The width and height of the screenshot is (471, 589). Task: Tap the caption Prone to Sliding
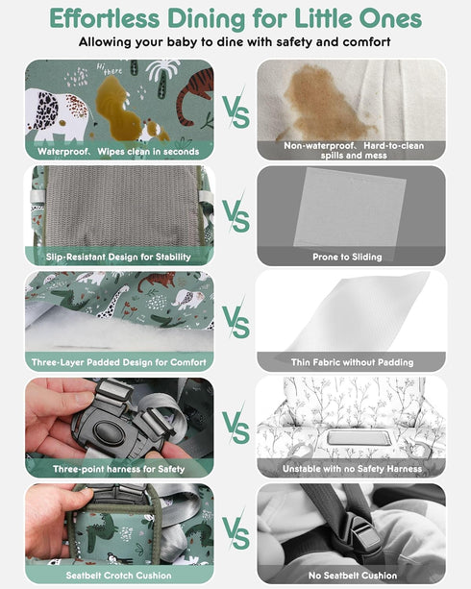pyautogui.click(x=347, y=257)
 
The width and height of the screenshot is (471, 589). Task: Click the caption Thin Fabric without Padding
pyautogui.click(x=352, y=362)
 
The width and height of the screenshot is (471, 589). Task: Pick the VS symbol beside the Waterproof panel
pyautogui.click(x=236, y=110)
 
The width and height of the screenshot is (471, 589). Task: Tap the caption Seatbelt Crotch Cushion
pyautogui.click(x=119, y=576)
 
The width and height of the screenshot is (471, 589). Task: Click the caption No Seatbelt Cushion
pyautogui.click(x=353, y=576)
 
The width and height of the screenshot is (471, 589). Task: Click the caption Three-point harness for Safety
pyautogui.click(x=119, y=469)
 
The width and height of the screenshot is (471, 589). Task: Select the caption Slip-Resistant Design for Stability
pyautogui.click(x=118, y=257)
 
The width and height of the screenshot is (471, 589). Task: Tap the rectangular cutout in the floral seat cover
pyautogui.click(x=354, y=439)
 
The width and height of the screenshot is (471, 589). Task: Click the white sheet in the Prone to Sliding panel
pyautogui.click(x=350, y=208)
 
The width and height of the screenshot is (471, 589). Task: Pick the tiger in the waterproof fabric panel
pyautogui.click(x=194, y=96)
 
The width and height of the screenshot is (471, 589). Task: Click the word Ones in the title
pyautogui.click(x=390, y=18)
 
